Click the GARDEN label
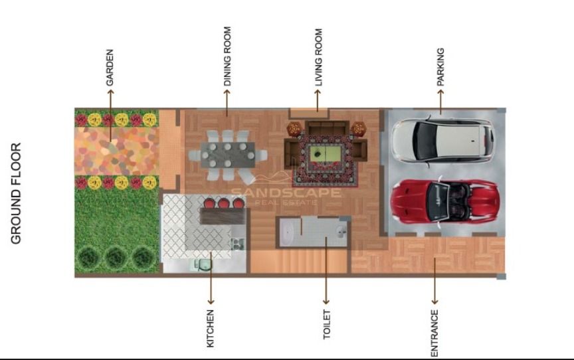pos(110,68)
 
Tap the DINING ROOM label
pos(227,56)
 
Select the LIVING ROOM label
pos(318,57)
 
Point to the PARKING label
pos(440,67)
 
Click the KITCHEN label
pos(210,329)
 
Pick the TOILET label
pos(327,325)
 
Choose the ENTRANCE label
pos(434,333)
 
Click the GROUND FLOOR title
pos(16,193)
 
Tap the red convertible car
pos(444,201)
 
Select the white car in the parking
pos(442,139)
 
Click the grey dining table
pos(228,155)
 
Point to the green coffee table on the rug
pos(326,153)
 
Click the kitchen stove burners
pos(237,244)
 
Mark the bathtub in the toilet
pos(288,232)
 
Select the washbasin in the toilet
pos(341,231)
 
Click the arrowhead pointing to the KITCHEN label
pos(211,302)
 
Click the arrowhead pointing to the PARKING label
pos(440,92)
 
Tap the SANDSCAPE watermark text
pos(286,193)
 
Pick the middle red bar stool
pos(224,203)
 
